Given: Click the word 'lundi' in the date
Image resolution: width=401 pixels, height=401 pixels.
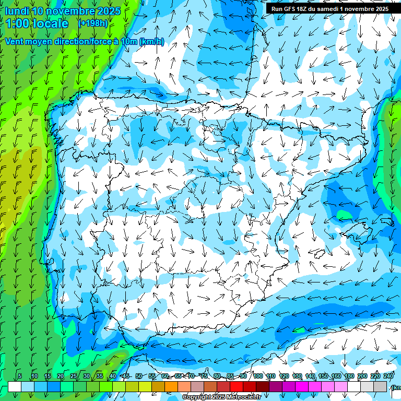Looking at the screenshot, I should pyautogui.click(x=17, y=11).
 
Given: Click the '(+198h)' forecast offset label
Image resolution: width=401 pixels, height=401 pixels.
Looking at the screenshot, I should pyautogui.click(x=92, y=23).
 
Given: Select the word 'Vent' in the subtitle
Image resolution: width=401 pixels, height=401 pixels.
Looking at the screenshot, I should pyautogui.click(x=16, y=42).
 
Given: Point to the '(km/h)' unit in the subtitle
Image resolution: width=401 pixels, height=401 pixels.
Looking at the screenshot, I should pyautogui.click(x=151, y=42).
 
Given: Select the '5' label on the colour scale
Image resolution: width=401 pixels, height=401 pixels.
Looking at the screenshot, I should pyautogui.click(x=20, y=376).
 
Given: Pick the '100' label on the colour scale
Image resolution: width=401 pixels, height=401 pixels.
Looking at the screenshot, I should pyautogui.click(x=258, y=376).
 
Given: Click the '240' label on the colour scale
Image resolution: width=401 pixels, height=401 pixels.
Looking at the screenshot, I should pyautogui.click(x=388, y=376).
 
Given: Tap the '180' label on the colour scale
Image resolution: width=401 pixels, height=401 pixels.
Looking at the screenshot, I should pyautogui.click(x=349, y=376).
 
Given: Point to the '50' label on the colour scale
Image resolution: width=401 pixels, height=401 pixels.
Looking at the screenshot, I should pyautogui.click(x=139, y=376).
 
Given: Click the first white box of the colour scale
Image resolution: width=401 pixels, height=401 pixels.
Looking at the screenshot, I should pyautogui.click(x=15, y=387).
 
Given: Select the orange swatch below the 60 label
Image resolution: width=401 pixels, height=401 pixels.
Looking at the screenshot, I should pyautogui.click(x=171, y=387).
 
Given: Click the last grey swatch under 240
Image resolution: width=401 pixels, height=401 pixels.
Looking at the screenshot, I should pyautogui.click(x=380, y=387).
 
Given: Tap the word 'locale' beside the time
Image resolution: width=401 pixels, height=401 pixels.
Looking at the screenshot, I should pyautogui.click(x=52, y=23).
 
